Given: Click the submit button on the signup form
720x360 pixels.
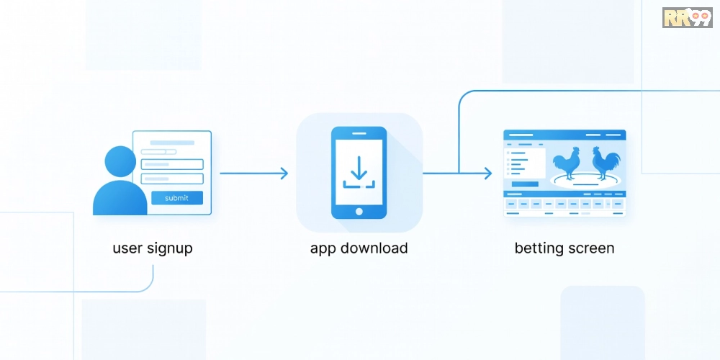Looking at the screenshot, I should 176,198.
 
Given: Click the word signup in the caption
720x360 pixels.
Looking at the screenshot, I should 170,249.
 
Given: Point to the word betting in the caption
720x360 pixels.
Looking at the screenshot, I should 538,248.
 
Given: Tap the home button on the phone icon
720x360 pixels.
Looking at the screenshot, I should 359,212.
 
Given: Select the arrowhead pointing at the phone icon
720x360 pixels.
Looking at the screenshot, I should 284,173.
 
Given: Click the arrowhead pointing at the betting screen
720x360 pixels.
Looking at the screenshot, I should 488,173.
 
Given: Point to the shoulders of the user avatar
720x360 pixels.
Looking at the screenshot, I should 119,197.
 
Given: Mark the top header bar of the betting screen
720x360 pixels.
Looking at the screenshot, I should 564,135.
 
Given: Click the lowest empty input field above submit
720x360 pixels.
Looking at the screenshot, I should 172,179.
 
